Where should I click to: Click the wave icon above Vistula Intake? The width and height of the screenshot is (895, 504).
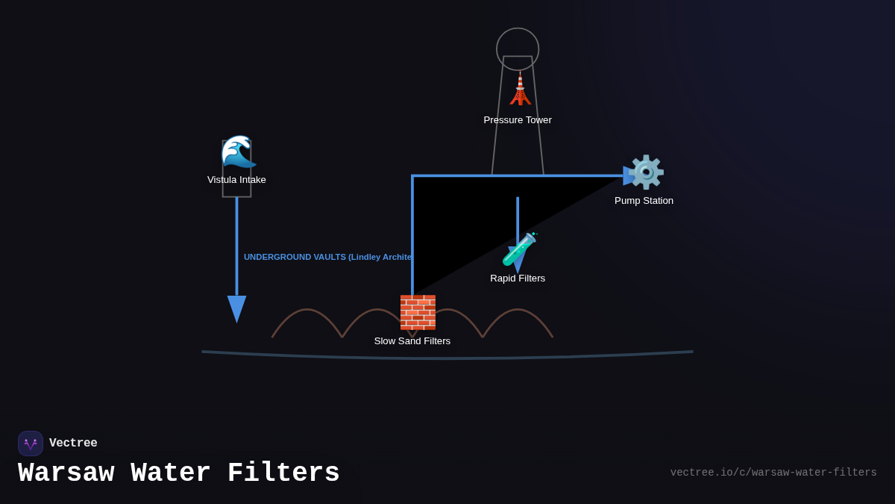pyautogui.click(x=238, y=152)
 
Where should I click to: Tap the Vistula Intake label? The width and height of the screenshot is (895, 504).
pyautogui.click(x=236, y=180)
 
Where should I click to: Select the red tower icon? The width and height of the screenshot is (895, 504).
pyautogui.click(x=520, y=90)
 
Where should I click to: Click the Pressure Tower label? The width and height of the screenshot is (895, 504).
pyautogui.click(x=518, y=120)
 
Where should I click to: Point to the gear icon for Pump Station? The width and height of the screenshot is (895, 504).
pyautogui.click(x=646, y=172)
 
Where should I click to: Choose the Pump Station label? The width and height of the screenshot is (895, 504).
pyautogui.click(x=644, y=201)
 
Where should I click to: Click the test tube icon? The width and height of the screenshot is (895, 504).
pyautogui.click(x=519, y=249)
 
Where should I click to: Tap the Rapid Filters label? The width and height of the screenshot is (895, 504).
pyautogui.click(x=518, y=279)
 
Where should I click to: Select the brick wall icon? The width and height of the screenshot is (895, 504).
pyautogui.click(x=418, y=312)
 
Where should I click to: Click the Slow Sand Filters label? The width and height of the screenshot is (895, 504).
pyautogui.click(x=412, y=341)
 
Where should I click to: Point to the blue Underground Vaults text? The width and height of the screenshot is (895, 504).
pyautogui.click(x=327, y=257)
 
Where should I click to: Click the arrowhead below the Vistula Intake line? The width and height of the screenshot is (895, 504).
pyautogui.click(x=236, y=308)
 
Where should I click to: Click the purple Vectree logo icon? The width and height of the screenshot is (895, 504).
pyautogui.click(x=31, y=444)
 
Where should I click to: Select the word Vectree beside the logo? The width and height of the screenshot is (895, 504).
pyautogui.click(x=73, y=444)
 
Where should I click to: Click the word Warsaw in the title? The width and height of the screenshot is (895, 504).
pyautogui.click(x=66, y=473)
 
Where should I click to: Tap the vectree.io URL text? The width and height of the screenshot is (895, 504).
pyautogui.click(x=773, y=473)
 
